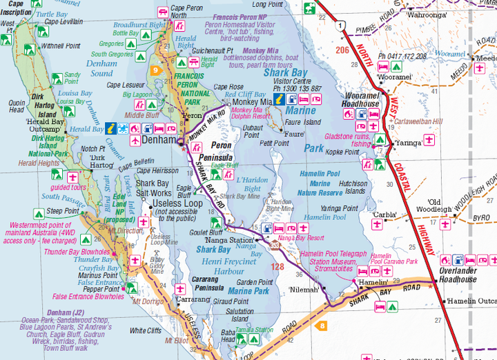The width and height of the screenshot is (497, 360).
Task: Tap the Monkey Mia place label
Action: [x=251, y=101]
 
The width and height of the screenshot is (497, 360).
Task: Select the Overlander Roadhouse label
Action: [x=458, y=275]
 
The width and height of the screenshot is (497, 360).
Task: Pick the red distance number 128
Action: [x=277, y=266]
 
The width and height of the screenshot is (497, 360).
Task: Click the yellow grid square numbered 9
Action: [x=156, y=70]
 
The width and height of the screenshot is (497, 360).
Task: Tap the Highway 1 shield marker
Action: [x=339, y=26]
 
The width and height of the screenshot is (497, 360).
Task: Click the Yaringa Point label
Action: [x=339, y=208]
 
